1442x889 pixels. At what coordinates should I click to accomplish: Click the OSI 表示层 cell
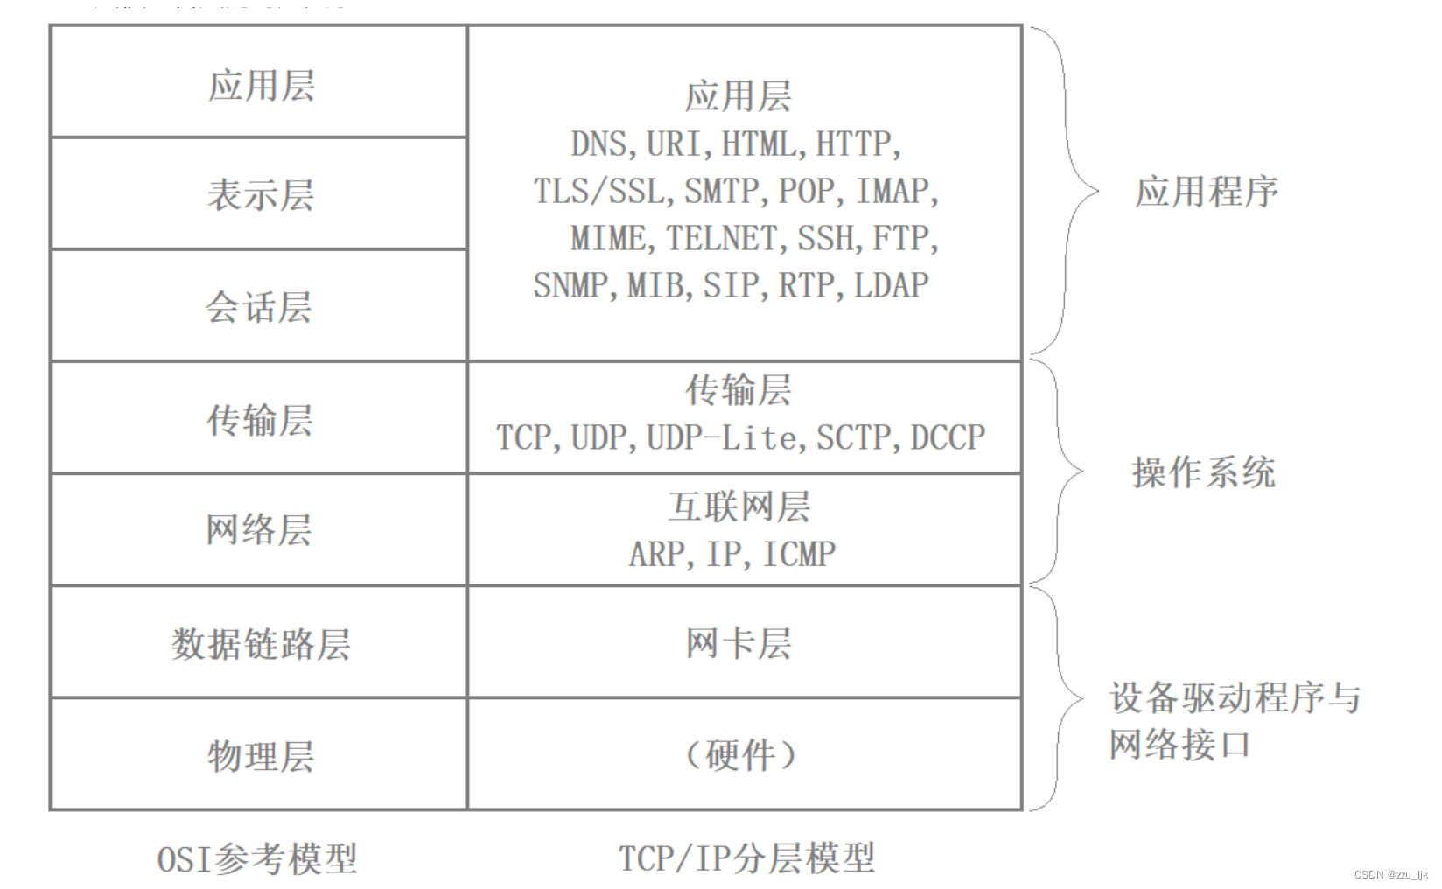[260, 194]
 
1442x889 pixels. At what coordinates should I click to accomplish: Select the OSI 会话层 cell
[259, 306]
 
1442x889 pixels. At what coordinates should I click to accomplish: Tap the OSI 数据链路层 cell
[260, 643]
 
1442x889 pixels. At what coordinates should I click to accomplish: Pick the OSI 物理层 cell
[260, 755]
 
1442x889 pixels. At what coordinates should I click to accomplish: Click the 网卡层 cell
[739, 643]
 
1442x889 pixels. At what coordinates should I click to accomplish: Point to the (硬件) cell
[739, 754]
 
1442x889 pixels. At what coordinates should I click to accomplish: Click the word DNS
[599, 144]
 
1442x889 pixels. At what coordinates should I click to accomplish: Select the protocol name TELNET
[721, 238]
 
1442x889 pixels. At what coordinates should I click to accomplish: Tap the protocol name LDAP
[891, 285]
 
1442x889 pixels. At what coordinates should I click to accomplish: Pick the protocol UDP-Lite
[721, 437]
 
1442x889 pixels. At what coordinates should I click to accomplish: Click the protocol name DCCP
[948, 437]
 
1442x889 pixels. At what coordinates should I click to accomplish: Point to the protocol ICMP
[799, 554]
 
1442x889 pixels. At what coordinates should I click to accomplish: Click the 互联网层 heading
[739, 507]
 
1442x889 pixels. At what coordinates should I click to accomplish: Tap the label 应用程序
[1207, 192]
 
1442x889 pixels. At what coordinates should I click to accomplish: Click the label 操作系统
[1203, 472]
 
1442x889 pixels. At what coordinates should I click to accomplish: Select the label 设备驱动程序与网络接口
[1234, 721]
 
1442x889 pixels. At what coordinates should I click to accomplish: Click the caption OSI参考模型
[257, 858]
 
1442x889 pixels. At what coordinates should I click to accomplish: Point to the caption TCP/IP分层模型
[746, 858]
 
